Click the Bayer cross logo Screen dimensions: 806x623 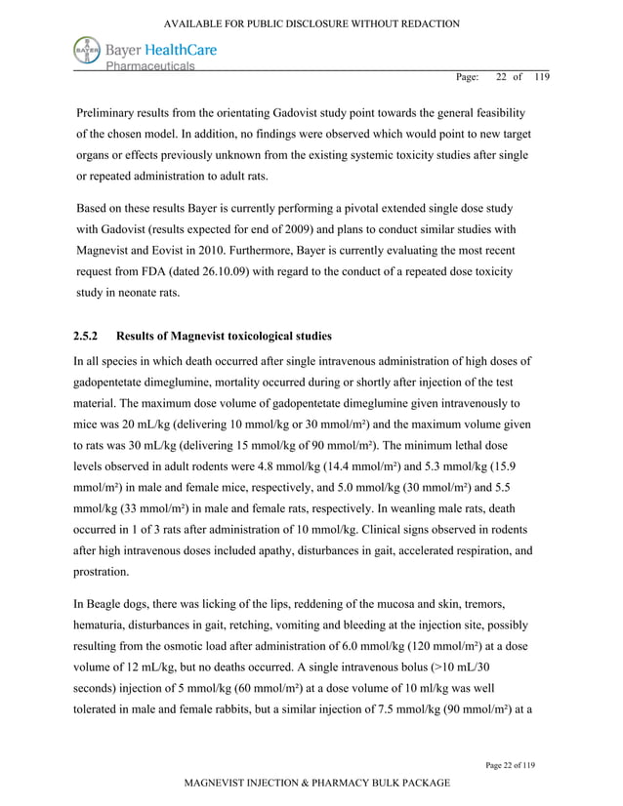click(x=87, y=51)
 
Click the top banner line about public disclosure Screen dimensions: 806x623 click(x=311, y=21)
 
